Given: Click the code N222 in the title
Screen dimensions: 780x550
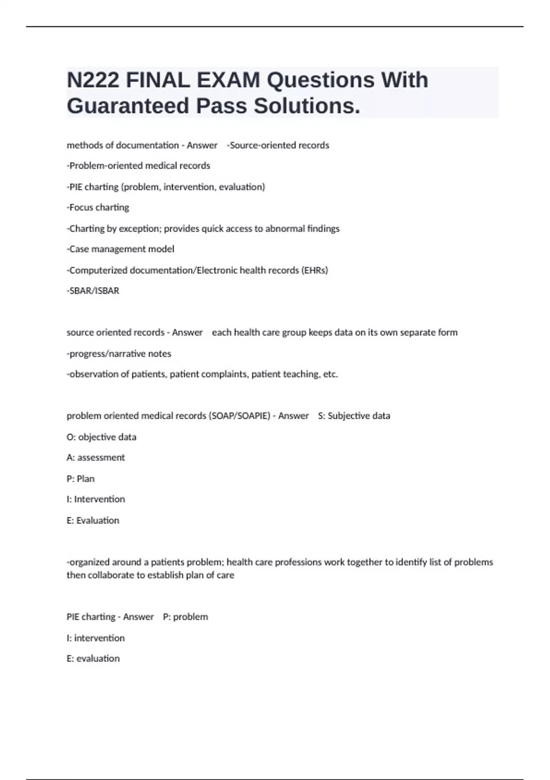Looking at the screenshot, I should tap(93, 80).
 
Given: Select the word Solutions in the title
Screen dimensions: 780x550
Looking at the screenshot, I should tap(306, 106).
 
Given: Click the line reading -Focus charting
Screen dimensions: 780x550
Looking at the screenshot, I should tap(98, 207).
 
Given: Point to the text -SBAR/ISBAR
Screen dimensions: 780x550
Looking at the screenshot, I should tap(93, 291).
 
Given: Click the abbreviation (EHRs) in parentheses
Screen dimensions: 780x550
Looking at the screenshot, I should tap(314, 270).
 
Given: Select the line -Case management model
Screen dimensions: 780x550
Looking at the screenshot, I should tap(121, 249).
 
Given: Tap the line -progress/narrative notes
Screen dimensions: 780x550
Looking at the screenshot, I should tap(119, 354).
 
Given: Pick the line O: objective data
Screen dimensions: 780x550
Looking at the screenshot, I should tap(101, 437).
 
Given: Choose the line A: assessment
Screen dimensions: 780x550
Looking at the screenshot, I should tap(96, 457).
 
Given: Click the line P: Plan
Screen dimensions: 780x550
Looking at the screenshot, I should tap(81, 479).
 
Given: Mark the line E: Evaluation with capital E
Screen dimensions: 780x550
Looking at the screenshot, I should tap(93, 521).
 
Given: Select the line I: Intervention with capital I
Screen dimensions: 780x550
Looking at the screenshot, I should tap(96, 499).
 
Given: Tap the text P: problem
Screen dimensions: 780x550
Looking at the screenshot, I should tap(186, 617).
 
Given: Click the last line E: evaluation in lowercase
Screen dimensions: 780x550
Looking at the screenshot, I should tap(93, 659).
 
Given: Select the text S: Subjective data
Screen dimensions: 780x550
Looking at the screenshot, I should tap(354, 416).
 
